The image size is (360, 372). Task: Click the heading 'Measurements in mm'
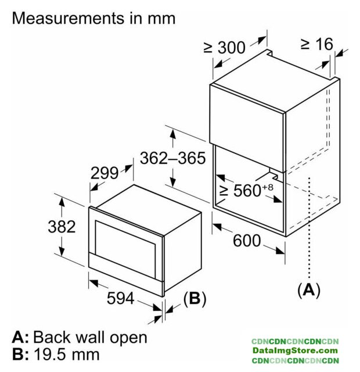(x=93, y=17)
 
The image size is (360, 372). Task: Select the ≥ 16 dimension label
(x=316, y=44)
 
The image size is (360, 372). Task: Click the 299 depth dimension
(x=105, y=173)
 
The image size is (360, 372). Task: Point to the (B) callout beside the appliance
(x=195, y=299)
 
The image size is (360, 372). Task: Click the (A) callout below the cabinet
(x=308, y=289)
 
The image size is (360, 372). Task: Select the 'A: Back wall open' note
(x=80, y=337)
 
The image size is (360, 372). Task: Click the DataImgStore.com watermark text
(x=294, y=350)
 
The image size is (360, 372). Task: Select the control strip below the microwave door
(x=125, y=268)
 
